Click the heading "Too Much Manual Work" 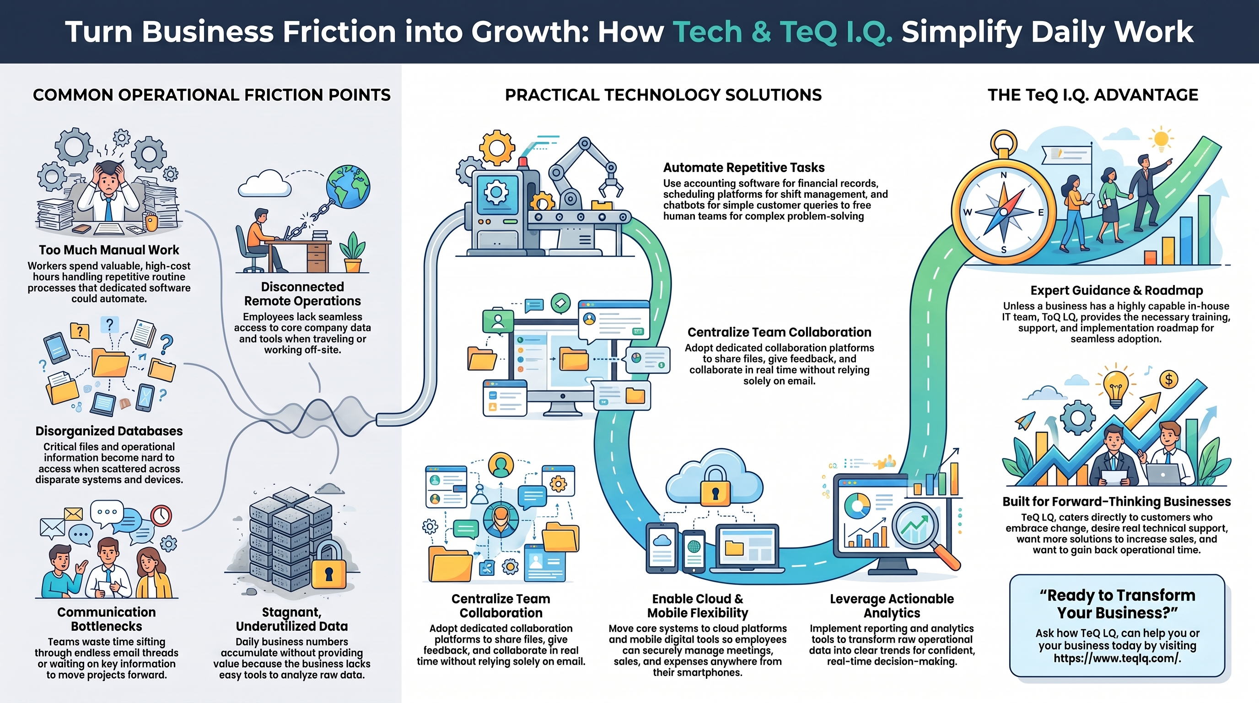(x=109, y=250)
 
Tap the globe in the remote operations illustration (x=349, y=186)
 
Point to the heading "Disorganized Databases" (x=109, y=431)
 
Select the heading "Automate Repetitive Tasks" (x=744, y=168)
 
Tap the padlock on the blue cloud (x=715, y=487)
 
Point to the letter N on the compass (x=1003, y=175)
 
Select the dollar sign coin (x=1168, y=379)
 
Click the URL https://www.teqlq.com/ (x=1117, y=658)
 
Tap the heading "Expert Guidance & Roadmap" (x=1117, y=290)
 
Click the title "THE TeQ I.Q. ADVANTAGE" (x=1093, y=95)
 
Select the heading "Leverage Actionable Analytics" (x=892, y=606)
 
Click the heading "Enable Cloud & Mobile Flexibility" (x=697, y=606)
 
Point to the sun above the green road (x=1161, y=139)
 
